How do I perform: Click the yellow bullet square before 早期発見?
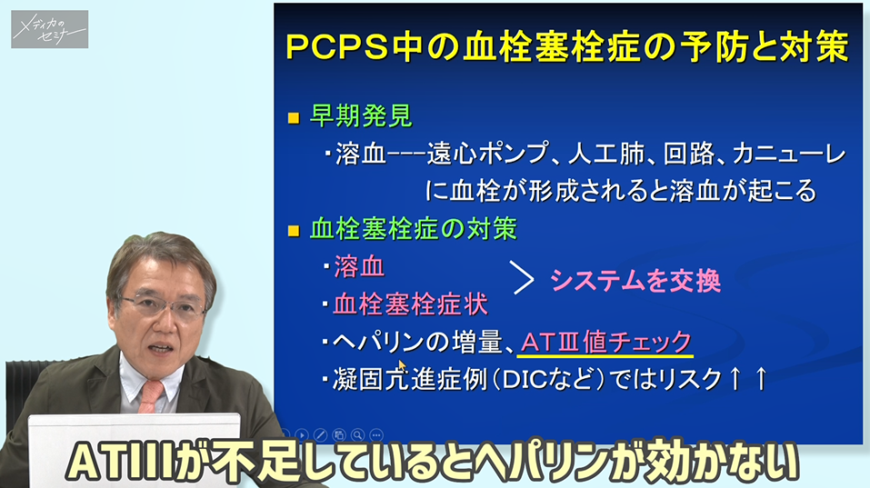click(x=293, y=118)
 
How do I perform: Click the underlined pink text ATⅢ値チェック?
click(x=606, y=342)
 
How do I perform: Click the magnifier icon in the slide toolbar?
click(x=357, y=434)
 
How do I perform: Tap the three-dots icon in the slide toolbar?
click(x=376, y=434)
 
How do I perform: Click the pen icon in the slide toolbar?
click(x=320, y=434)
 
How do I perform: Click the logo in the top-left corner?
click(x=49, y=29)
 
